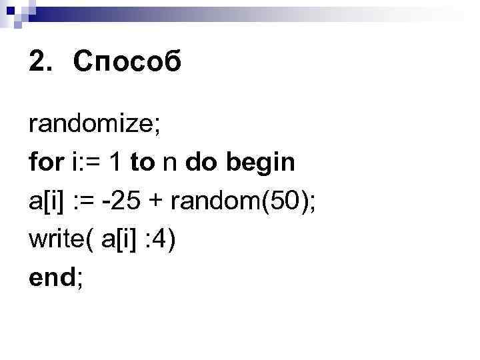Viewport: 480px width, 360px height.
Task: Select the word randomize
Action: tap(91, 124)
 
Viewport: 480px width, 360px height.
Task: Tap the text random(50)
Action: tap(241, 201)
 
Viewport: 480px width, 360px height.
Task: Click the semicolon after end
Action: tap(81, 279)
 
